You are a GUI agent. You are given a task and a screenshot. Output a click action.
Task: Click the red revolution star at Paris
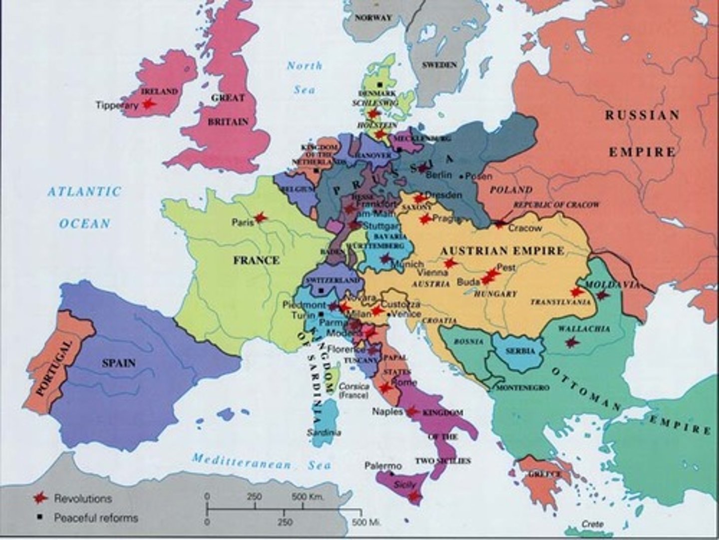point(260,218)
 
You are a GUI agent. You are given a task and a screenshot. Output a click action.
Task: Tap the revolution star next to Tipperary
point(147,104)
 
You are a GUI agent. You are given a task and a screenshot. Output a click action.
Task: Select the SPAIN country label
point(119,363)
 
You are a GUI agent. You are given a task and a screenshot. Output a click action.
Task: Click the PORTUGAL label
point(54,368)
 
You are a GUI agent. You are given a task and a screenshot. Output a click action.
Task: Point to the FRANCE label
point(256,260)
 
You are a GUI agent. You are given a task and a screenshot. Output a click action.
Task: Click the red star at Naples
point(411,411)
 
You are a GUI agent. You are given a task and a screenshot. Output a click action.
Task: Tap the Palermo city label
point(383,466)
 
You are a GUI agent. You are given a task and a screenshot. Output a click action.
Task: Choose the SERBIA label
point(520,351)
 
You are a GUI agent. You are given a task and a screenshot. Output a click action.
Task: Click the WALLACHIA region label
point(584,329)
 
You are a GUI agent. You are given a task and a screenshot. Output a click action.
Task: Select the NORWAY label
point(373,17)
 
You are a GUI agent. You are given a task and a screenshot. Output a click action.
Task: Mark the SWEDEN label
point(439,65)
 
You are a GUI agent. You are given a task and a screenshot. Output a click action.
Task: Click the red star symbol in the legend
point(40,498)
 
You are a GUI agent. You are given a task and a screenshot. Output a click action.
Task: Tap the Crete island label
point(592,524)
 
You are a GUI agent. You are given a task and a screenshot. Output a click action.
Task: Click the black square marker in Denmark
point(380,84)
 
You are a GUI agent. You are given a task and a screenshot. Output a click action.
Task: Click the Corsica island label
point(354,386)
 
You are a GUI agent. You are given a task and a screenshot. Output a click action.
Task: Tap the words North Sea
point(305,77)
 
